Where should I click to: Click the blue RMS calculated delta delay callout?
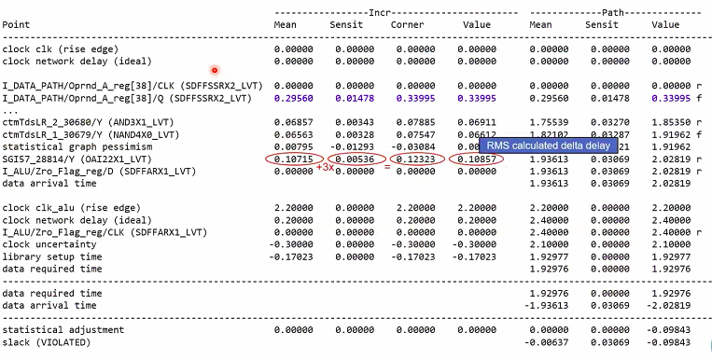point(550,145)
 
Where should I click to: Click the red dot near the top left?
point(215,70)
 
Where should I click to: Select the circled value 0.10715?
point(294,159)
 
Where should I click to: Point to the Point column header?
point(17,23)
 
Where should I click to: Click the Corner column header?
point(407,23)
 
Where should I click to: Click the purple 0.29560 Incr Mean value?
point(294,97)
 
